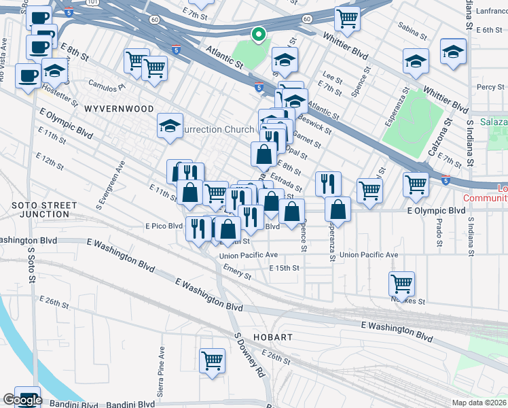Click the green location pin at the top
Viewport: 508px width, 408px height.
[258, 34]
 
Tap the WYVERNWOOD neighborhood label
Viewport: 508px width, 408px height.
[112, 108]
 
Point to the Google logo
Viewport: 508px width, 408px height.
[22, 401]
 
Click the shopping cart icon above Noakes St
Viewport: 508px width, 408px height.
[401, 282]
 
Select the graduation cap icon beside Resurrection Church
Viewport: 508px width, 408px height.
[170, 124]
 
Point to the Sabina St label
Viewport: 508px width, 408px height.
[412, 33]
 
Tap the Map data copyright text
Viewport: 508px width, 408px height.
[479, 402]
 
